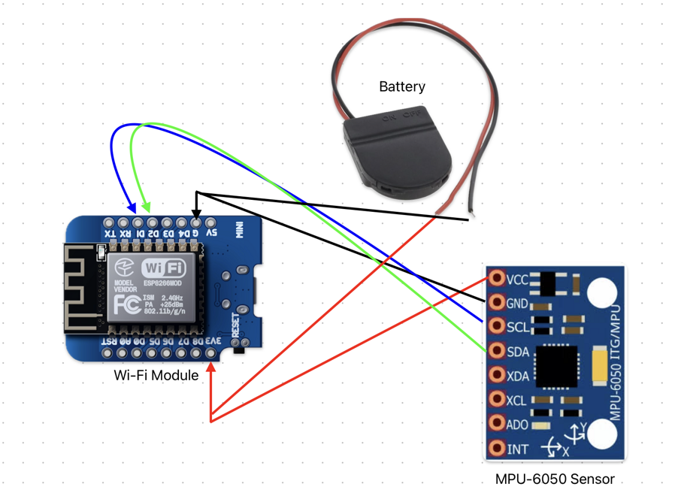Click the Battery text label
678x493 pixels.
pos(401,87)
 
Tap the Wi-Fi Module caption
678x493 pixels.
pos(156,374)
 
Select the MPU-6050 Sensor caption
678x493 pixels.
pos(555,479)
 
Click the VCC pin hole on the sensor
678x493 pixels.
pos(497,278)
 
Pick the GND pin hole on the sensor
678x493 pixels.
pos(497,302)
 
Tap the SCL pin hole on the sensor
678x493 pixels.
pos(497,326)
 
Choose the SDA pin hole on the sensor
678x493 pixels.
pos(497,350)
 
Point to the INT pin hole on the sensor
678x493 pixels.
pos(497,449)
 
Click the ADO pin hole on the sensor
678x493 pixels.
pos(497,424)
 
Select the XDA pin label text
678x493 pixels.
pos(518,375)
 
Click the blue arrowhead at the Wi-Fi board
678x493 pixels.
pos(132,207)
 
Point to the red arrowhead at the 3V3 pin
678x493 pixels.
pos(211,367)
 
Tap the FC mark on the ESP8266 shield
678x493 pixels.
pos(126,304)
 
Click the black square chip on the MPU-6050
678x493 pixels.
pos(556,366)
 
